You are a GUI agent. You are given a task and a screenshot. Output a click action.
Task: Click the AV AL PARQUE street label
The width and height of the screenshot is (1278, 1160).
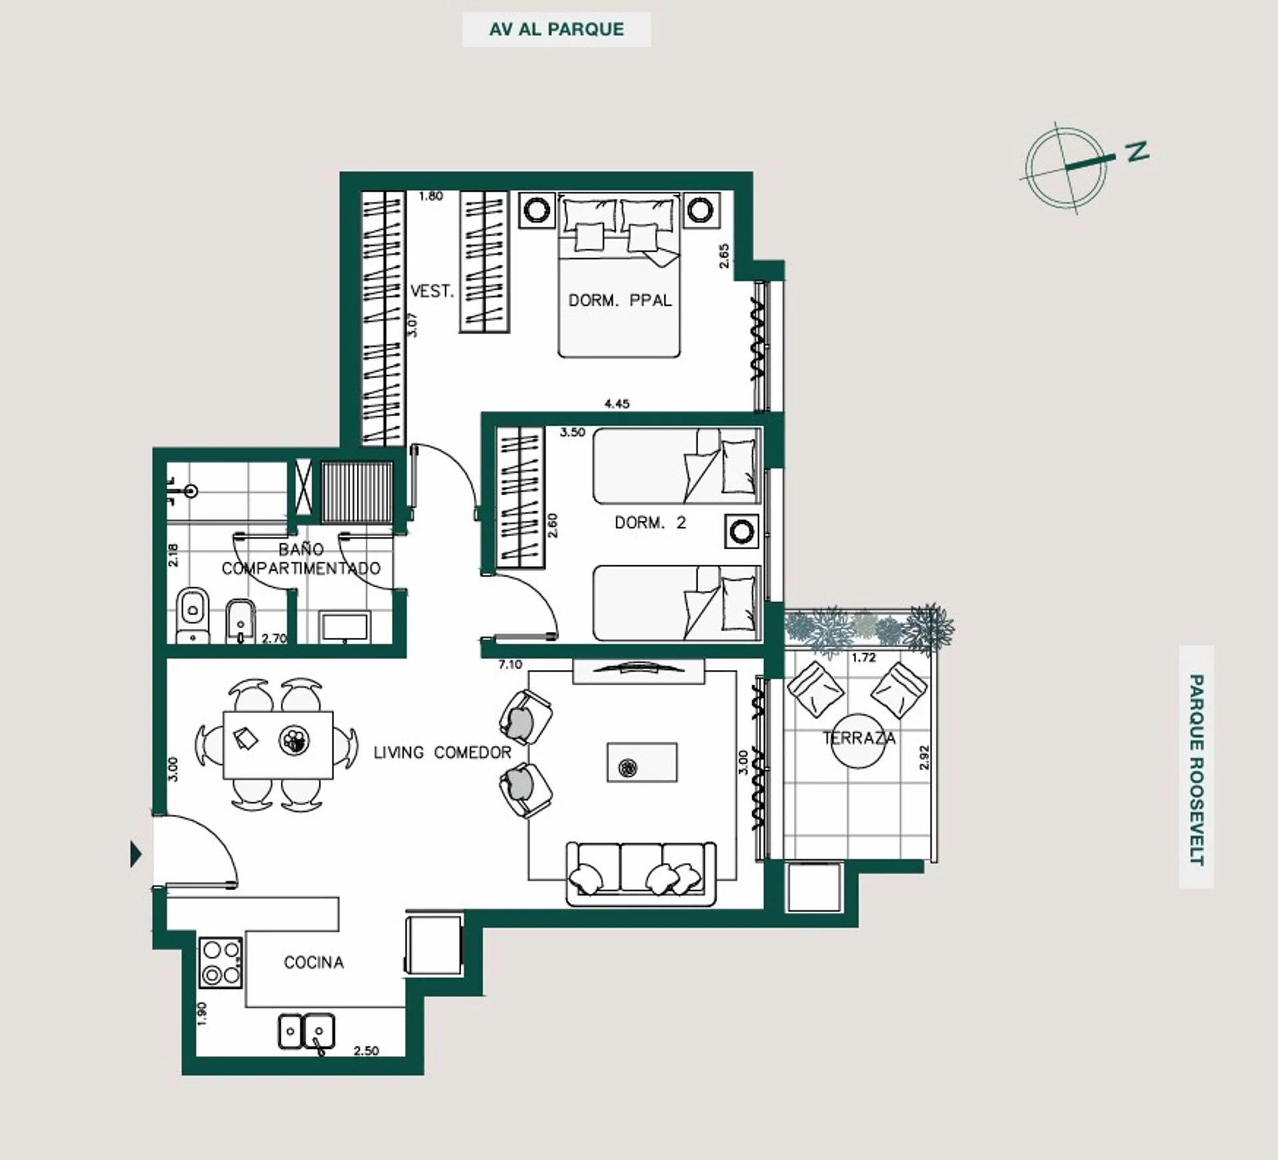pos(556,29)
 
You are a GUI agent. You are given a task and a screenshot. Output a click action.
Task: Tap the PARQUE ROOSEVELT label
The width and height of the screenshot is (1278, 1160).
pos(1196,769)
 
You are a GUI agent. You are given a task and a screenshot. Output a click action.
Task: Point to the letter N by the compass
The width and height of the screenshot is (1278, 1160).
pos(1138,151)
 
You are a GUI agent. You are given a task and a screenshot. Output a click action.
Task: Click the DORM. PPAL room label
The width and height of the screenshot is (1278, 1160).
pos(620,300)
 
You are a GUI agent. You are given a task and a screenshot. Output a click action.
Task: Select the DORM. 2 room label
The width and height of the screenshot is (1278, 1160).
pos(650,523)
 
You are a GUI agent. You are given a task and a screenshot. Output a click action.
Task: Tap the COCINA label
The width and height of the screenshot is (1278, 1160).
pos(314,962)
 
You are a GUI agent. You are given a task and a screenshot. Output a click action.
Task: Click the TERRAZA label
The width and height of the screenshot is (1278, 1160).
pos(859,738)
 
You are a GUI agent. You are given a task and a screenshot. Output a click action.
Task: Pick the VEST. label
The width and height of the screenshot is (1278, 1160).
pos(432,291)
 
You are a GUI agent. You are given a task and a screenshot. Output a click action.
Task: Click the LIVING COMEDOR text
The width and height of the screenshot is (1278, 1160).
pos(442,752)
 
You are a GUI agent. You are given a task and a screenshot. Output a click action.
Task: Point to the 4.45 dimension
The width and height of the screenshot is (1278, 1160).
pos(616,404)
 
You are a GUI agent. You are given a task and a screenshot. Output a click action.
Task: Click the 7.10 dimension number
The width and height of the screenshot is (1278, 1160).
pos(510,664)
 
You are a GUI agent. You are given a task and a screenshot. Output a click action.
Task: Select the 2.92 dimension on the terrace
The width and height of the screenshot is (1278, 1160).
pos(923,757)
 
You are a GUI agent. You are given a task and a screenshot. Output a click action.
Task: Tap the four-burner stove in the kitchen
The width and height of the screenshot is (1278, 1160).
pos(221,963)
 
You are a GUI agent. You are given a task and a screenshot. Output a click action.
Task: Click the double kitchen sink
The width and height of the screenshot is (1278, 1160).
pos(306,1031)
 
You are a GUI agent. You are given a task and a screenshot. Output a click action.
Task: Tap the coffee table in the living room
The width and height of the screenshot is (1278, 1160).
pos(642,762)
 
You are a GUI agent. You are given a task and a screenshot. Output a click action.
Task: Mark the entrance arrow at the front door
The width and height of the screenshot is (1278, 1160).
pos(136,854)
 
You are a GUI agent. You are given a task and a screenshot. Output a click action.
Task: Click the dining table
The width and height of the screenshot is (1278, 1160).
pos(278,744)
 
